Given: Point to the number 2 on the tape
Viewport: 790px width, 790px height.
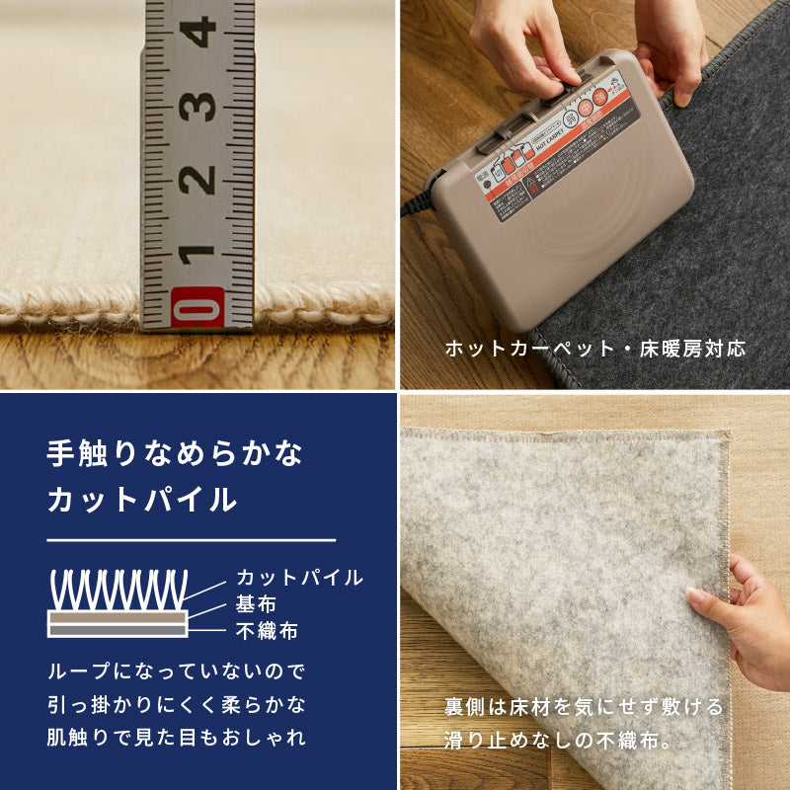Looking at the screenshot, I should point(197,179).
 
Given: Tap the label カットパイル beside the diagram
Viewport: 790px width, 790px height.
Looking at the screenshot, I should point(299,578).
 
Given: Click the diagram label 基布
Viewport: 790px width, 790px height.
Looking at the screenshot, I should point(256,604).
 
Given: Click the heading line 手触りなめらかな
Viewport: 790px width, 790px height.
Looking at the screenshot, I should point(175,454).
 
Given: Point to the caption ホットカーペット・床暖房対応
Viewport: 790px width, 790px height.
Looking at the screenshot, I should point(594,349).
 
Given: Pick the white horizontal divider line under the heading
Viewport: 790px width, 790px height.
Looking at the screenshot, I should point(192,541).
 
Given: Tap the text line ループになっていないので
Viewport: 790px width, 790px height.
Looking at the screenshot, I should point(177,672).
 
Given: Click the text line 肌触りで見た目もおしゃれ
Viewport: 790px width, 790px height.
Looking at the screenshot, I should point(177,737).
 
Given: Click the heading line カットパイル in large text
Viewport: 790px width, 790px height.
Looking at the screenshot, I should point(142,500).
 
